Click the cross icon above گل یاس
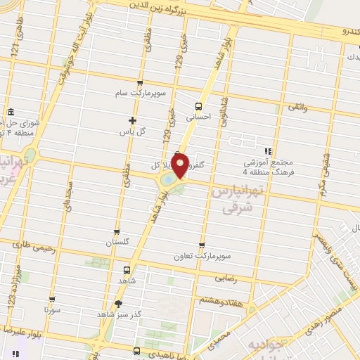[x=132, y=120]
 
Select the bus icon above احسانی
[x=197, y=107]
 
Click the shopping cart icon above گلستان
[x=117, y=231]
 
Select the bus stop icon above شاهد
[x=127, y=270]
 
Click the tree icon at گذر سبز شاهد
[x=117, y=304]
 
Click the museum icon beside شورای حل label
[x=12, y=112]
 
